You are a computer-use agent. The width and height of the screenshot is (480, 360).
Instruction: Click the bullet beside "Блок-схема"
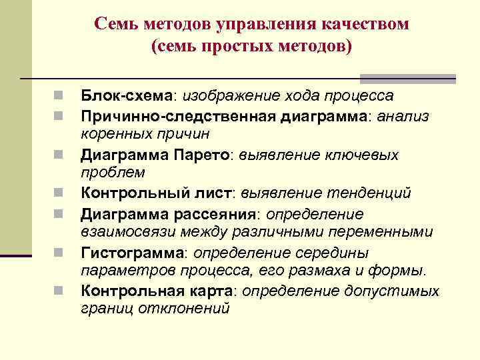point(59,96)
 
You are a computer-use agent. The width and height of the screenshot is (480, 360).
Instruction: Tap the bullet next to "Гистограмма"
point(59,253)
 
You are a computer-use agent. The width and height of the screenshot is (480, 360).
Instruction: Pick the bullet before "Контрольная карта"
point(59,291)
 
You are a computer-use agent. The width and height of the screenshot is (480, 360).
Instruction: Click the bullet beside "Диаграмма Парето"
point(59,155)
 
